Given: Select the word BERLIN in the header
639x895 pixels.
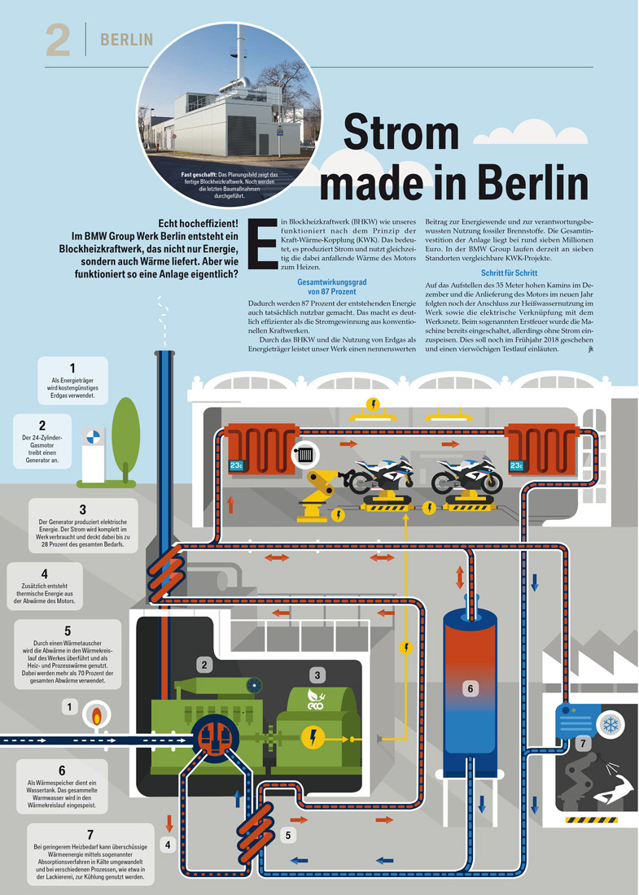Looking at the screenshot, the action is click(126, 40).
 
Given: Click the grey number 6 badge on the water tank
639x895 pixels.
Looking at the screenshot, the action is click(469, 688).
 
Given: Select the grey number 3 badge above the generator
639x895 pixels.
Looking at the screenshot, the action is click(317, 675).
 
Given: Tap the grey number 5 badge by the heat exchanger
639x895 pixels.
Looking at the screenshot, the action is click(289, 835).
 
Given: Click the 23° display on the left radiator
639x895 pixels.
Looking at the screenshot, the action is click(236, 466).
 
